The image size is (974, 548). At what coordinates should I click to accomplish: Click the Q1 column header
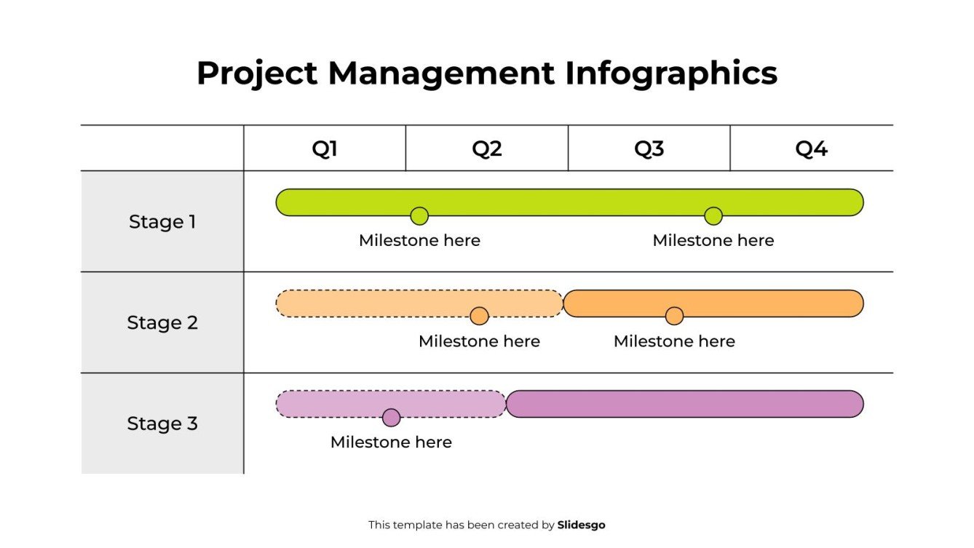(x=325, y=148)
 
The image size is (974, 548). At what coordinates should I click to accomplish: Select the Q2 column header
(x=487, y=148)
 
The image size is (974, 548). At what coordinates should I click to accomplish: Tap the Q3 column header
(x=649, y=148)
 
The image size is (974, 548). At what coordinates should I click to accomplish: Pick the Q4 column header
(x=811, y=148)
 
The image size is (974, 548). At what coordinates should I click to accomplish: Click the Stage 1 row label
(x=162, y=221)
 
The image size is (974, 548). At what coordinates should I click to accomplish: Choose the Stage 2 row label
(x=162, y=322)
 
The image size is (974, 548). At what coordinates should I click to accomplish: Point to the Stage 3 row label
(x=162, y=424)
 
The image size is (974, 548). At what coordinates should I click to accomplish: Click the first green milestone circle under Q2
(x=419, y=216)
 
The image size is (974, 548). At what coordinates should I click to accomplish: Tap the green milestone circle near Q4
(x=713, y=216)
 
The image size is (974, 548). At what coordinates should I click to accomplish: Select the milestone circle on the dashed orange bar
(x=479, y=316)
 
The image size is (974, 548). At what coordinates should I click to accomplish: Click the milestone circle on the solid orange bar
(x=675, y=316)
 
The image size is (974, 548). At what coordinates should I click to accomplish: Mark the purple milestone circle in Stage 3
(x=392, y=418)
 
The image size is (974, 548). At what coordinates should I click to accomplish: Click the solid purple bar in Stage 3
(x=684, y=404)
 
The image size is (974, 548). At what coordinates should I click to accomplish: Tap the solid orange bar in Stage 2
(x=764, y=303)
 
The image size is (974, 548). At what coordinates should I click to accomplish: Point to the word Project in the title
(x=257, y=74)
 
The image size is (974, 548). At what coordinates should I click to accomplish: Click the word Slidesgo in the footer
(x=581, y=525)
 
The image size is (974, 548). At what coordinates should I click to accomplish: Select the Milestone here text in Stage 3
(x=392, y=442)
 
